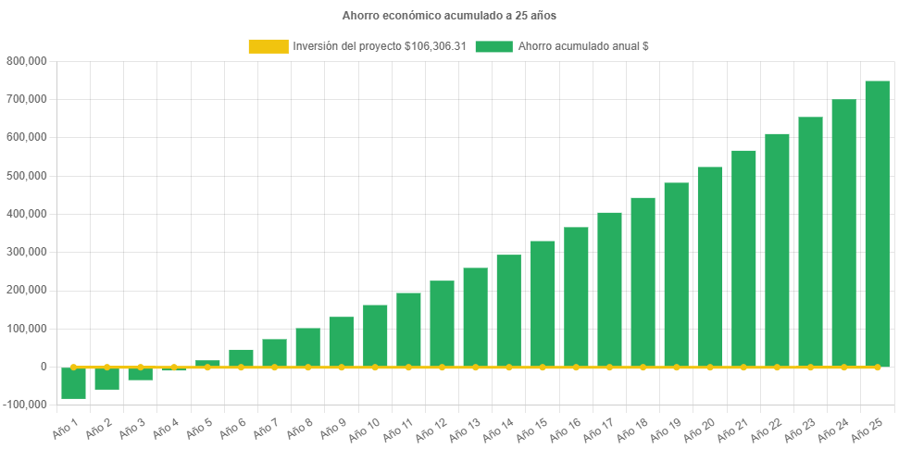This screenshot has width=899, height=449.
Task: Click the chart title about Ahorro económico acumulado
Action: tap(449, 16)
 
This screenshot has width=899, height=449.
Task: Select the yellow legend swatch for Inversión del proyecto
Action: tap(268, 46)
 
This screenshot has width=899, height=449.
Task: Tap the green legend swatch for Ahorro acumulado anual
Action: tap(493, 46)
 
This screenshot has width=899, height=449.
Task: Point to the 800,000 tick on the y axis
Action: tap(27, 61)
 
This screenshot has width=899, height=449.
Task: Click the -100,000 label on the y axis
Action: tap(25, 405)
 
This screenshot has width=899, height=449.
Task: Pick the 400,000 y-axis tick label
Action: tap(27, 214)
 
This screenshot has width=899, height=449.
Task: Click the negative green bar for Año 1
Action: tap(74, 383)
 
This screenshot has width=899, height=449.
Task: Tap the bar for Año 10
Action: tap(375, 335)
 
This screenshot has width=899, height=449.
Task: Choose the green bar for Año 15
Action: tap(543, 304)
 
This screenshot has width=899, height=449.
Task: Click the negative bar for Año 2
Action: tap(107, 379)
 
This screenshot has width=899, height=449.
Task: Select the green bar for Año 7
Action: tap(274, 353)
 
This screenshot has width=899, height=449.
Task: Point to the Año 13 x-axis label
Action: tap(466, 427)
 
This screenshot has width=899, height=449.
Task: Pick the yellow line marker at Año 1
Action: tap(74, 367)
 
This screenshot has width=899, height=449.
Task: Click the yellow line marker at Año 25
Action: tap(877, 368)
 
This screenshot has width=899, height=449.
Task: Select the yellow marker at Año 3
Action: tap(141, 367)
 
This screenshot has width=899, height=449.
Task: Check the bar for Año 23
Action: tap(810, 242)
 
